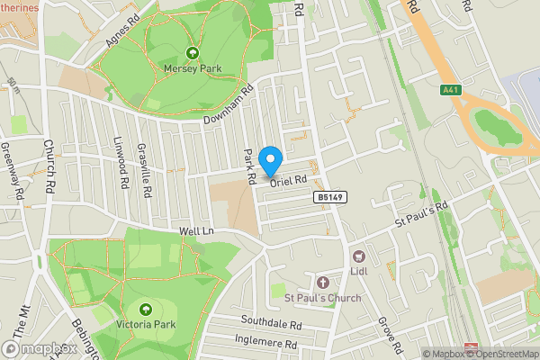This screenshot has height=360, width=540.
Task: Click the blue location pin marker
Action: click(269, 161)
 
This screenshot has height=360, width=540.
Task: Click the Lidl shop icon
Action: click(358, 256)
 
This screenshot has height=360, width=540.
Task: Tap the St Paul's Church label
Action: click(322, 298)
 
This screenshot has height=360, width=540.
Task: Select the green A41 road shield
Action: click(451, 89)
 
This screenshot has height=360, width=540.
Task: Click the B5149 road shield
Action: click(328, 196)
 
